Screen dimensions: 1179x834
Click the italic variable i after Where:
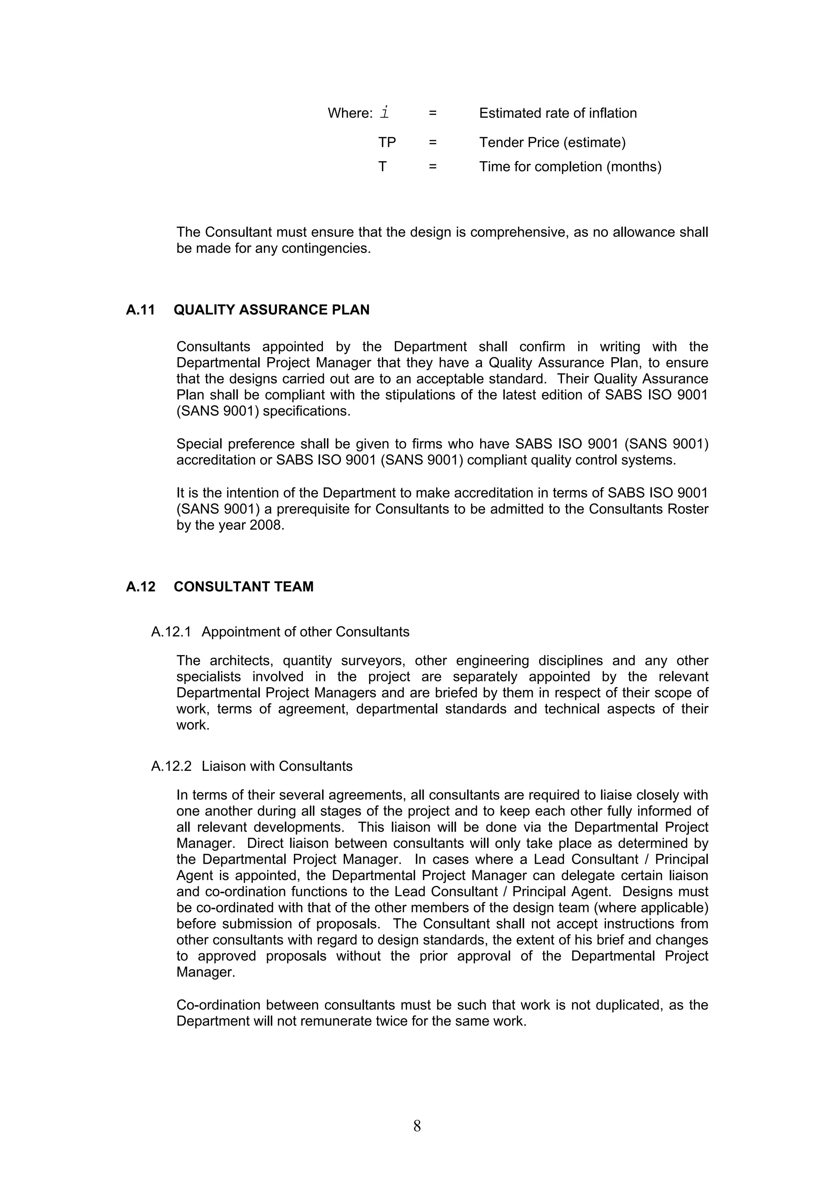coord(384,113)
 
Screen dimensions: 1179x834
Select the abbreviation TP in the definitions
coord(387,142)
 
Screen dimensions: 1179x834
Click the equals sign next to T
coord(432,167)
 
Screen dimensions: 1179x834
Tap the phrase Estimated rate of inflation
coord(557,113)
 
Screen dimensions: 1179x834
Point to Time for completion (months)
coord(570,167)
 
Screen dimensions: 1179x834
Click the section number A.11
coord(140,310)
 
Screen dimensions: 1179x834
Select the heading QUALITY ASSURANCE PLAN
coord(271,310)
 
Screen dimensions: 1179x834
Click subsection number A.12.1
coord(171,631)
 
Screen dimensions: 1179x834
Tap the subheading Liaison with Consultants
coord(277,766)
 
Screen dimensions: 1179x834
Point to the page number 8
coord(417,1126)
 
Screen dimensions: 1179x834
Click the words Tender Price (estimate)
coord(552,142)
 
